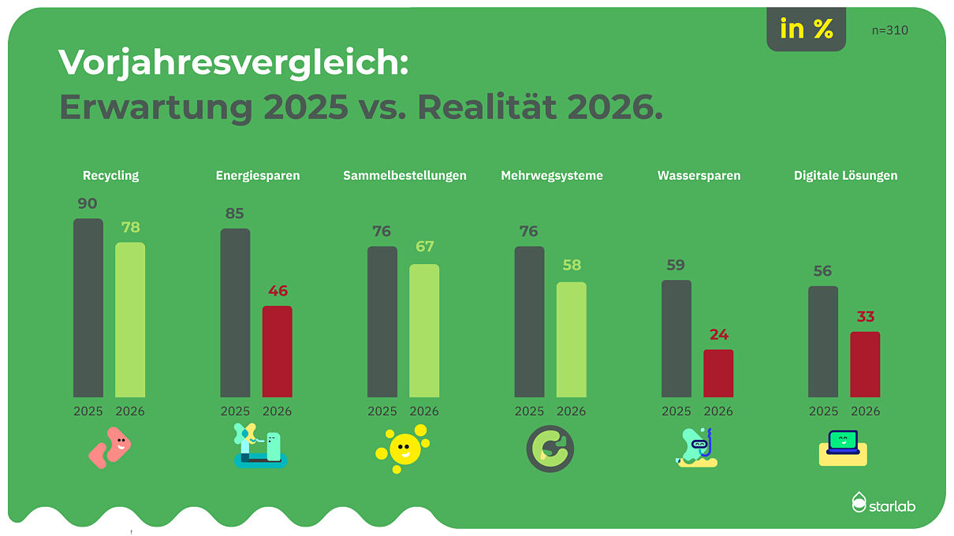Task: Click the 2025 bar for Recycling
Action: coord(88,307)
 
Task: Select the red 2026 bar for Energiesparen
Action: coord(277,352)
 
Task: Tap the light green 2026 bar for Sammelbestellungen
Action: coord(424,330)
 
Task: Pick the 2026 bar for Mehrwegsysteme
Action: coord(571,339)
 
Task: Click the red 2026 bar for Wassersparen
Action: coord(718,373)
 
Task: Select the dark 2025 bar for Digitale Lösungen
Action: coord(823,341)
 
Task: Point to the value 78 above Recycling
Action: coord(130,228)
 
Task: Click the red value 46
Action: coord(278,291)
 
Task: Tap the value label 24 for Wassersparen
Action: coord(718,335)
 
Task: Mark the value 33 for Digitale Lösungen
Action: coord(865,317)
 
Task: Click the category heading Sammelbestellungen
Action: coord(404,176)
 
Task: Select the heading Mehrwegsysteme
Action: coord(552,176)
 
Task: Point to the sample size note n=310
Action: coord(890,31)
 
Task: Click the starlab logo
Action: coord(883,503)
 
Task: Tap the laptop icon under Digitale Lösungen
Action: coord(843,447)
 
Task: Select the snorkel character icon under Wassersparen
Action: coord(696,448)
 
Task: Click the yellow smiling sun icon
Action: coord(403,449)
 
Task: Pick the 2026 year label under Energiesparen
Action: coord(277,411)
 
